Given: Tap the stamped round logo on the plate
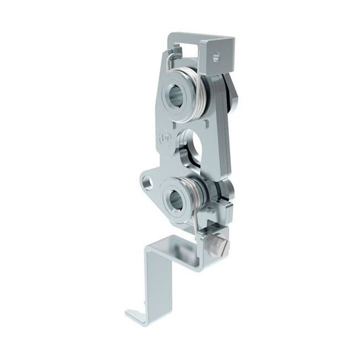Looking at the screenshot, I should pyautogui.click(x=163, y=139).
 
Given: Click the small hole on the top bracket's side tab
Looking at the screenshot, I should pyautogui.click(x=216, y=57).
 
